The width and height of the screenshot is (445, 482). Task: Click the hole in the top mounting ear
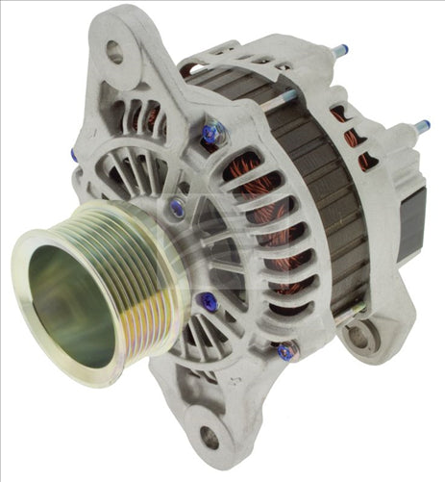point(115,52)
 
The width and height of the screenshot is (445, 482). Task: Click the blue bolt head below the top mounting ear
point(209,137)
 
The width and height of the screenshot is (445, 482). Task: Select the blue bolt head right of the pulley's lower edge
point(210,303)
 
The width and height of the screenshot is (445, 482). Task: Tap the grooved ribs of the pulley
point(144,279)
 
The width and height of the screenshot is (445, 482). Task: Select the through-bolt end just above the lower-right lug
point(358,309)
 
